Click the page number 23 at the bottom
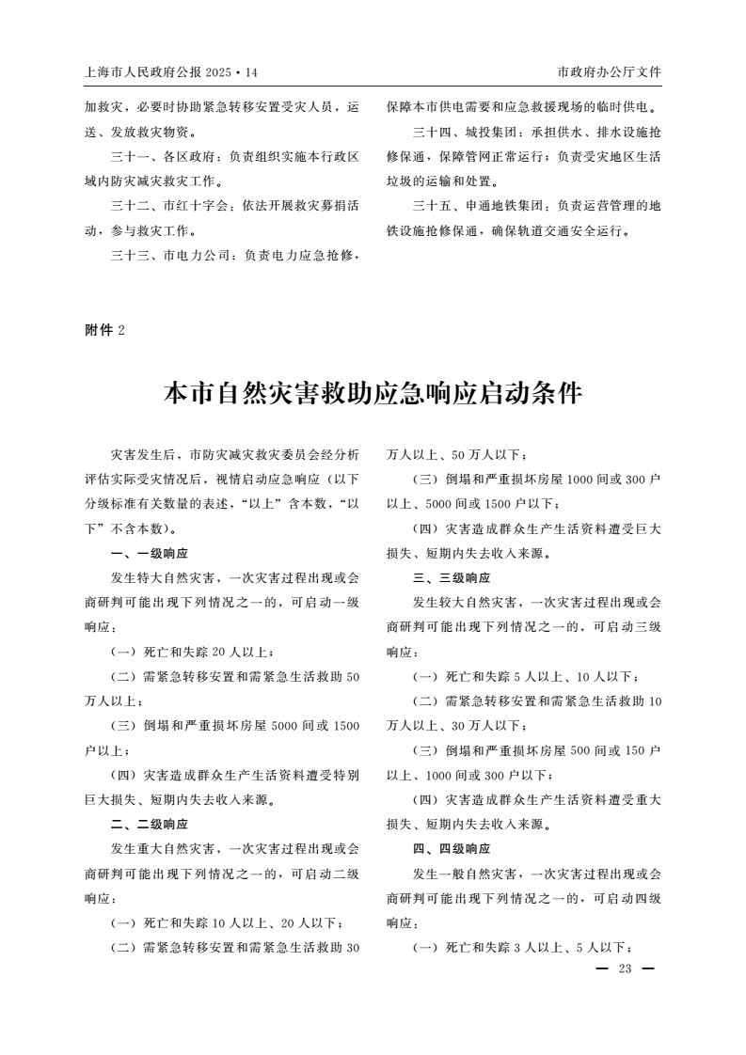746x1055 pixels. (x=624, y=969)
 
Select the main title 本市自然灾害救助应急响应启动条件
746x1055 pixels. (x=373, y=394)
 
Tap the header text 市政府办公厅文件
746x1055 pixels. (x=609, y=72)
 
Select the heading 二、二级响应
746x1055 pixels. (x=149, y=824)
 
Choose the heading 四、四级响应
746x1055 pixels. (x=452, y=848)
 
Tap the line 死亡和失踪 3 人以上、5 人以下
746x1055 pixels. (x=522, y=947)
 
